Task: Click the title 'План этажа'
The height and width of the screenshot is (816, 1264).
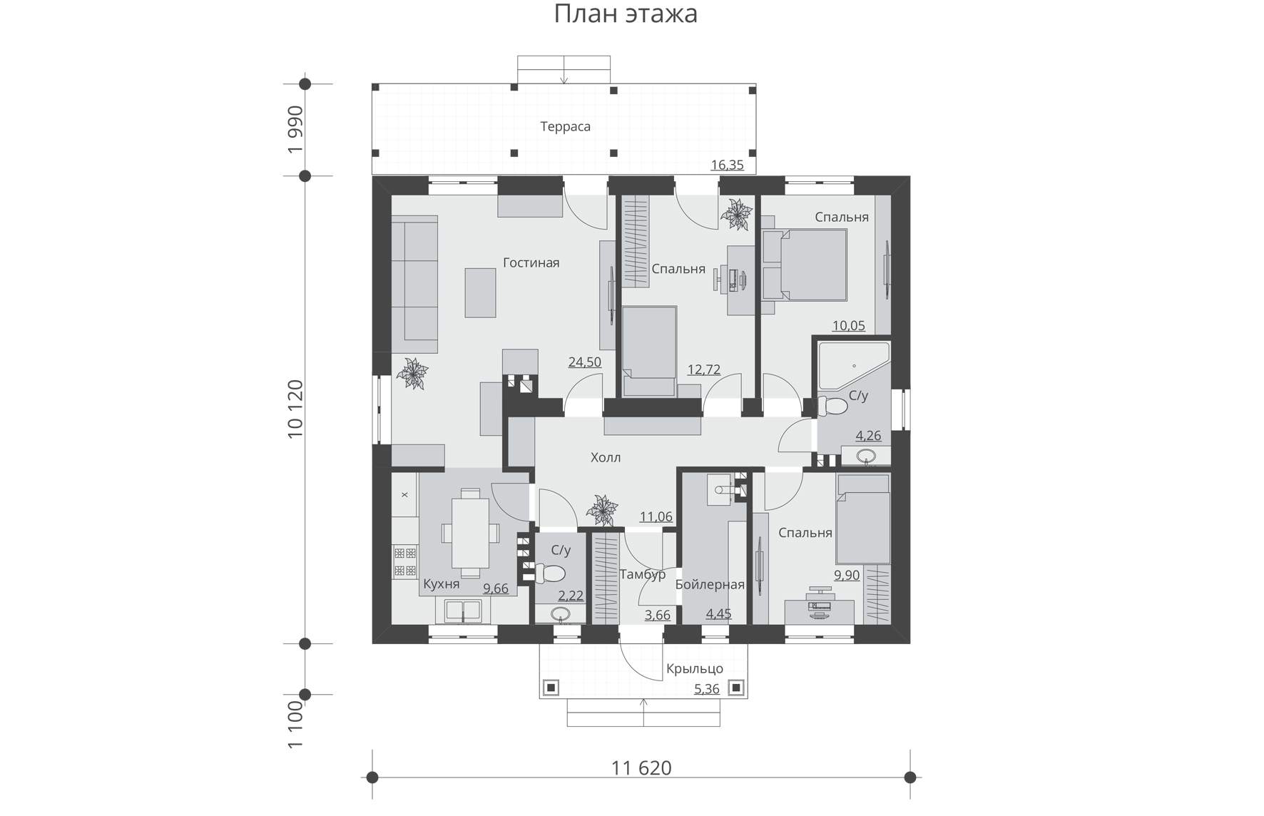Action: coord(626,14)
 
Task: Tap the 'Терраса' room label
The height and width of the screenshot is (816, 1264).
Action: coord(565,127)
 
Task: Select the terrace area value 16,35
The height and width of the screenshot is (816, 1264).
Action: coord(727,165)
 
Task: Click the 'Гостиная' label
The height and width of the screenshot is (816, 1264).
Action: coord(531,262)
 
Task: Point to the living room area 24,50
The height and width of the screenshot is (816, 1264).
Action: coord(584,362)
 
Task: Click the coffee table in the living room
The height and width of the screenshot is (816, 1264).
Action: coord(480,292)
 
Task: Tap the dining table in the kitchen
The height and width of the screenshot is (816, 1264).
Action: coord(470,533)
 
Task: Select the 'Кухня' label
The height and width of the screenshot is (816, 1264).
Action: coord(441,584)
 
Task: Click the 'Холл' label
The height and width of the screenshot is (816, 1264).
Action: coord(606,457)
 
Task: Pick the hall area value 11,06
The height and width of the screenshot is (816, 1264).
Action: coord(656,516)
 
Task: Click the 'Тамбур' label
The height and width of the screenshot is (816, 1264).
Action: coord(642,574)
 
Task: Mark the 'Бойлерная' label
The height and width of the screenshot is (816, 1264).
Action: coord(710,585)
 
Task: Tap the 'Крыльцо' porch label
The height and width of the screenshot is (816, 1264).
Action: coord(695,669)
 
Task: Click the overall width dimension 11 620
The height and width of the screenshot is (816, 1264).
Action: coord(641,768)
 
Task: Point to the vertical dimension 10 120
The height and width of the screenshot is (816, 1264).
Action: coord(295,409)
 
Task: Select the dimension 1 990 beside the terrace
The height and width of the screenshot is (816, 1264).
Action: coord(295,130)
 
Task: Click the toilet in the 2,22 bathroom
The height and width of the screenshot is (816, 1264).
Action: coord(550,573)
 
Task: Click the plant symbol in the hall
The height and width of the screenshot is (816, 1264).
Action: coord(602,510)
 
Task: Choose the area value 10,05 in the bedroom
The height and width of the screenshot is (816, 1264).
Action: coord(849,326)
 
